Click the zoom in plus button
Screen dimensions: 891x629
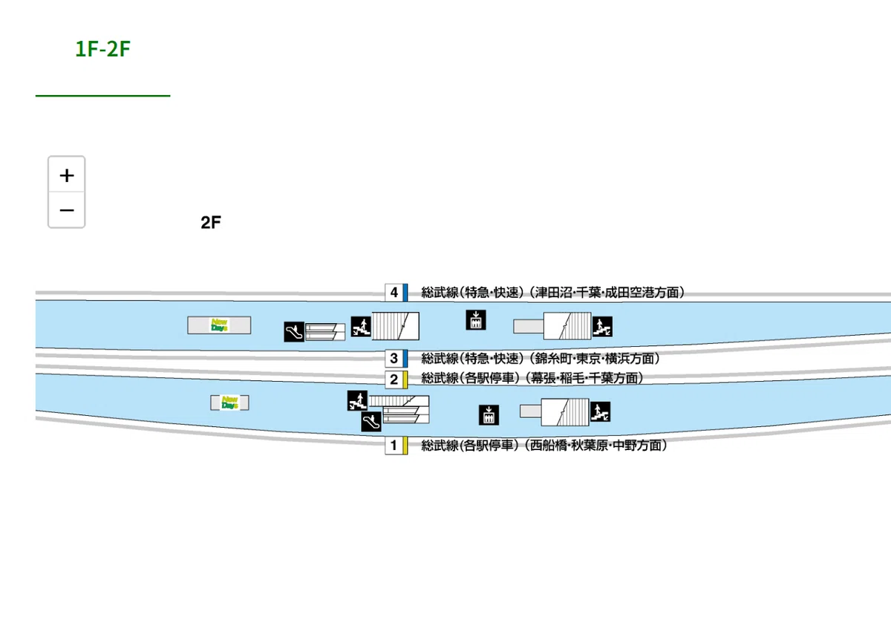[x=66, y=175]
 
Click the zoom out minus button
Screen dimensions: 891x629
[x=66, y=209]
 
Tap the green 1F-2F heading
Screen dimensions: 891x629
[x=102, y=49]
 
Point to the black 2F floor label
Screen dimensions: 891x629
[x=211, y=222]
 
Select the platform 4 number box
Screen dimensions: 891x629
[x=394, y=293]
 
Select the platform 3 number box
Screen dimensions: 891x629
[x=394, y=358]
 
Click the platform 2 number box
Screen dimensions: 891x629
[x=394, y=379]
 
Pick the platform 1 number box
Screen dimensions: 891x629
[x=394, y=445]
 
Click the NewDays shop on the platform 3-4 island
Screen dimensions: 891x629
[x=219, y=325]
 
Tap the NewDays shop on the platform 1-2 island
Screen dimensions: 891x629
[x=229, y=403]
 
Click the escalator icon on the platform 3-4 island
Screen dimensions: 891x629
[x=294, y=331]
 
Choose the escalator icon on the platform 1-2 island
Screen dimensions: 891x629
[x=371, y=421]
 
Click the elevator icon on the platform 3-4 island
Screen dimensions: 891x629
[x=476, y=320]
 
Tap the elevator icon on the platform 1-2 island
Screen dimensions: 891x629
[x=489, y=415]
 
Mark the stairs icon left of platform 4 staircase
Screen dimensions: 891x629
[x=361, y=326]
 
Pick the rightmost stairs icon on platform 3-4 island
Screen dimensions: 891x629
[x=602, y=326]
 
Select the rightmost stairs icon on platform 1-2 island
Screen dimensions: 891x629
[x=600, y=411]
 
